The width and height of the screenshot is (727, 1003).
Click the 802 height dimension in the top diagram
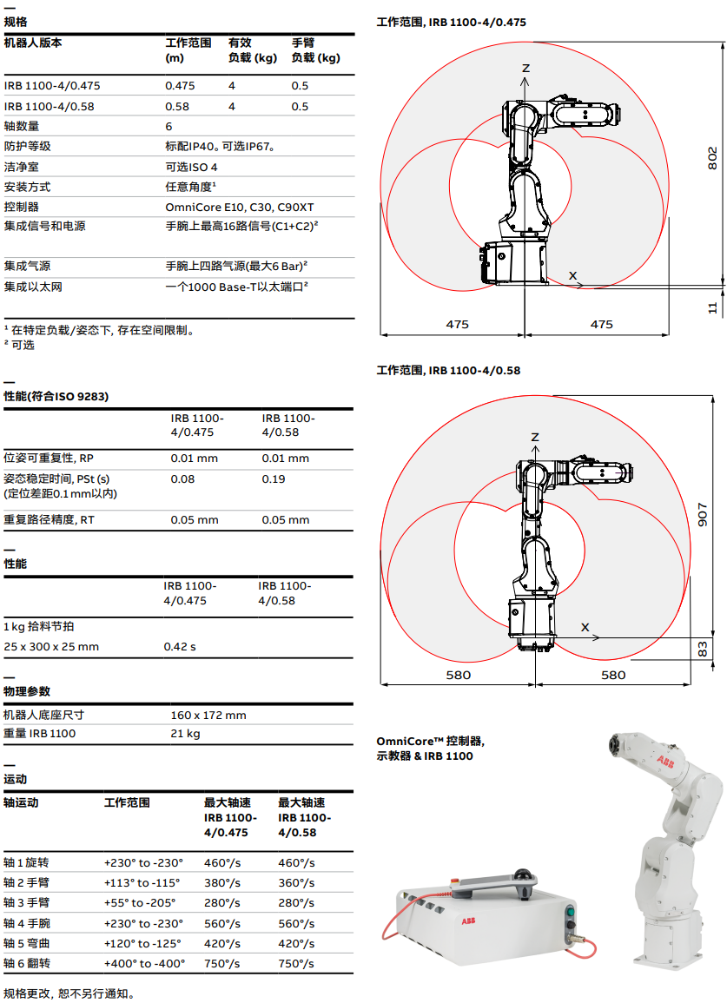click(711, 157)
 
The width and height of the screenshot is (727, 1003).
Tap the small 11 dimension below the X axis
click(712, 307)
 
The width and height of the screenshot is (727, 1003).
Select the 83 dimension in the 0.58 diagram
click(703, 649)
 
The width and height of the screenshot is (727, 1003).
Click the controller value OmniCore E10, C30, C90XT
click(239, 207)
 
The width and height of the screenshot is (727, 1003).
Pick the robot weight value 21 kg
click(185, 734)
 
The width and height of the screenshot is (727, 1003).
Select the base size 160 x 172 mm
click(208, 715)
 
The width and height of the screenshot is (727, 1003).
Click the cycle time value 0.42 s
click(180, 646)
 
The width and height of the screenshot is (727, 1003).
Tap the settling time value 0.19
click(274, 478)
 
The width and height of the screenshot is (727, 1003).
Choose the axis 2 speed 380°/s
click(221, 881)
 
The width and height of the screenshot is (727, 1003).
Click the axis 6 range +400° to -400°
click(144, 963)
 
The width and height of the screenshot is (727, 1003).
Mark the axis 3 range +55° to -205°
click(140, 902)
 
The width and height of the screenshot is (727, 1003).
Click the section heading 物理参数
click(27, 691)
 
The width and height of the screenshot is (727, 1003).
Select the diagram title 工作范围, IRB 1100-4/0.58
click(448, 370)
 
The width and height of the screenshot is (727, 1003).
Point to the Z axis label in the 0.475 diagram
click(525, 68)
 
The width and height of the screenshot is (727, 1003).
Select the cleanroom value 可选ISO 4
click(191, 167)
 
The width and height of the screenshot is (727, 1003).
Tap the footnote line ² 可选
click(20, 345)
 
